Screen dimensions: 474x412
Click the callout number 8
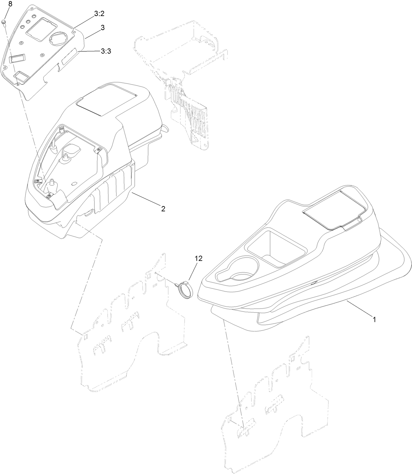click(x=10, y=4)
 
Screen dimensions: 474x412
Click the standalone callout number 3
click(x=103, y=28)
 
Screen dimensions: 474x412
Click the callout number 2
click(x=163, y=209)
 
